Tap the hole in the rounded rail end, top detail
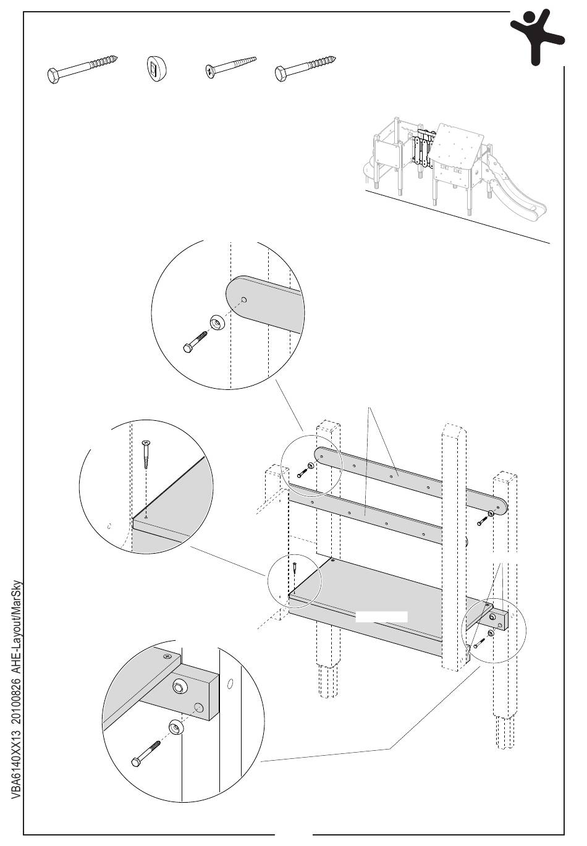click(x=244, y=301)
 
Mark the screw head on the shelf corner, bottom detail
click(x=166, y=657)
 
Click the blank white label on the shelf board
click(x=381, y=616)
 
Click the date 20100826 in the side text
click(x=17, y=695)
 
